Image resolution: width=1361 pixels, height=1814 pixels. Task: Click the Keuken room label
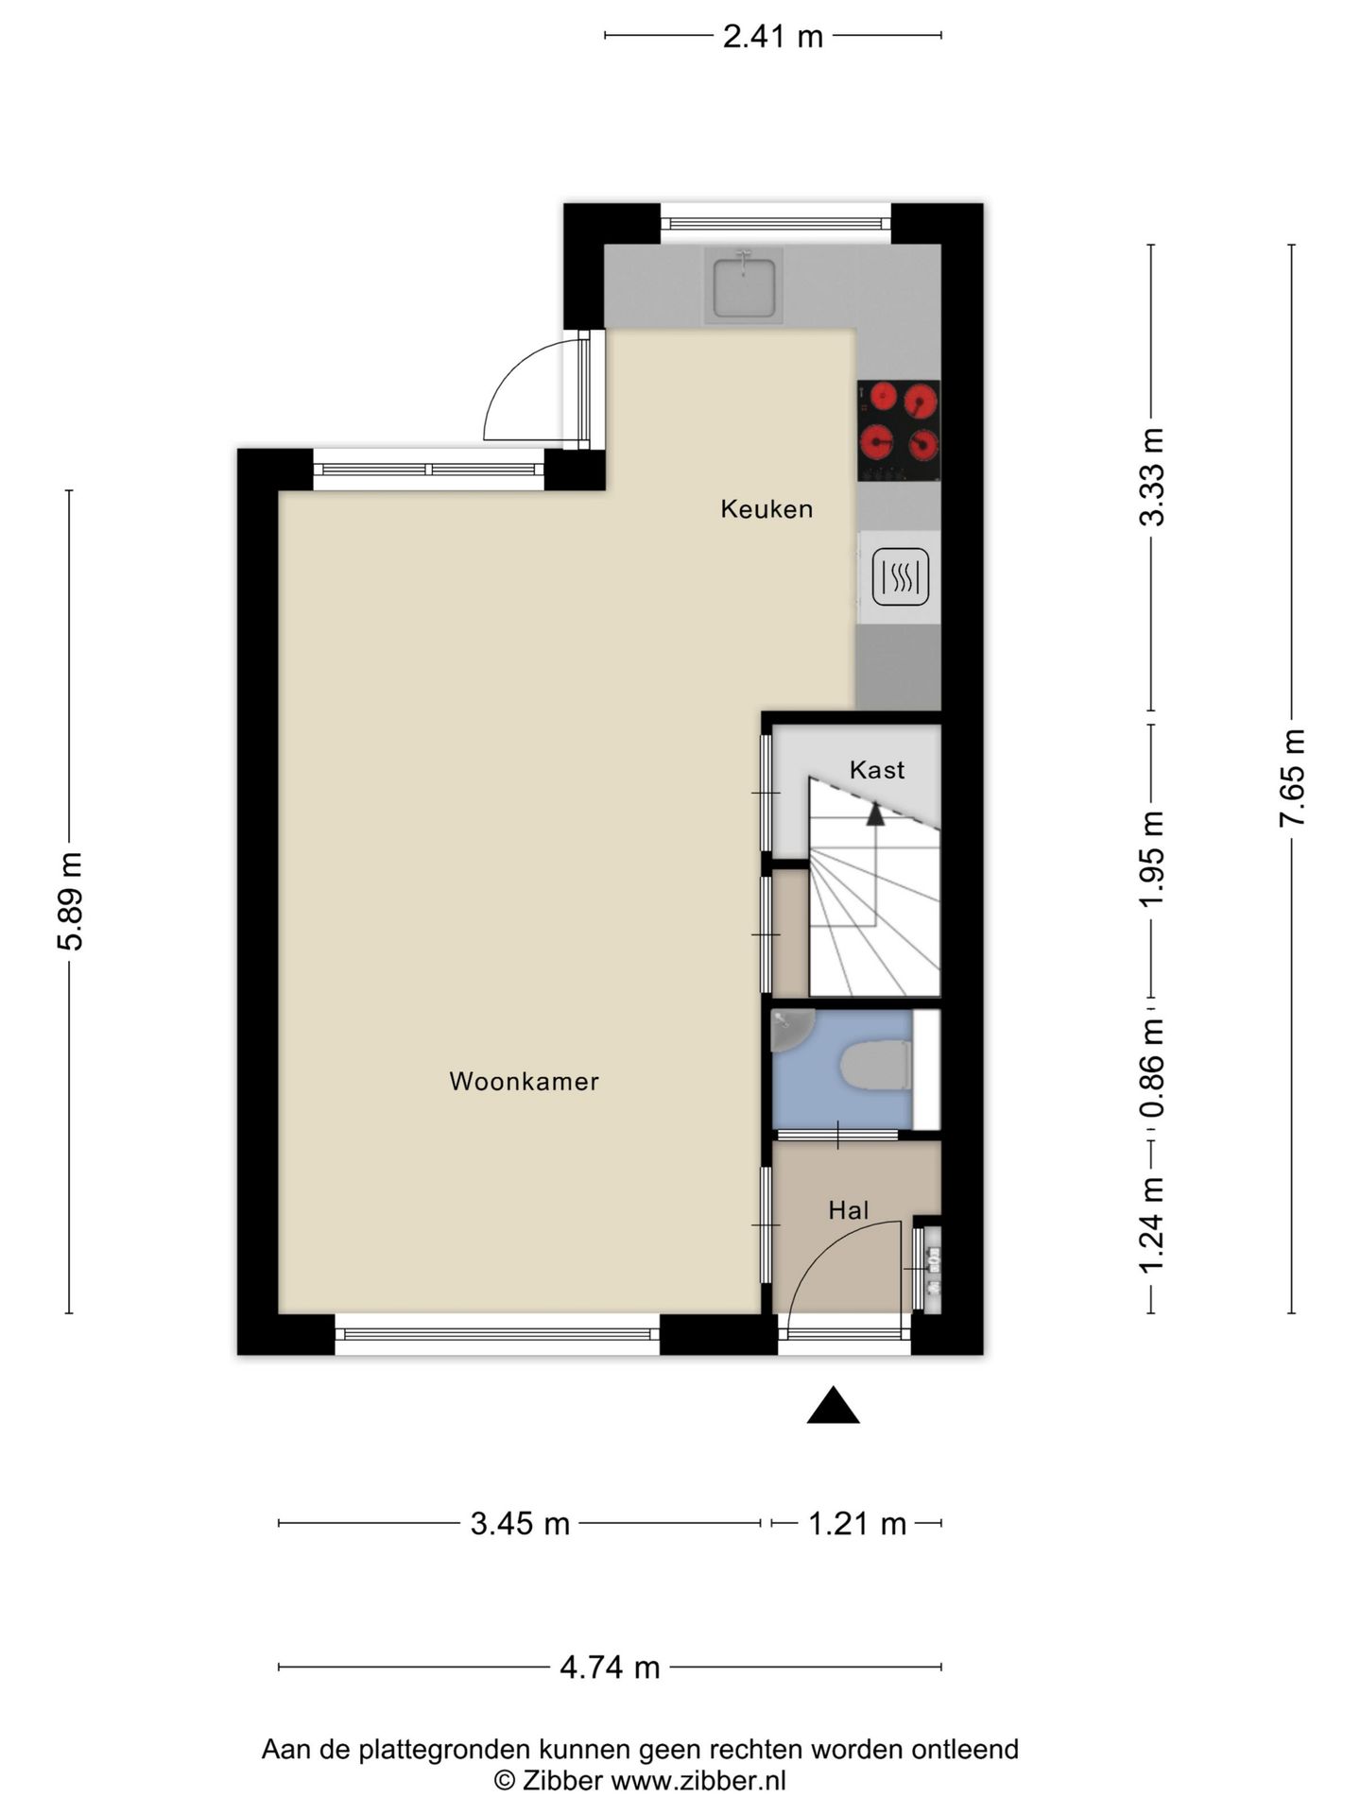tap(767, 509)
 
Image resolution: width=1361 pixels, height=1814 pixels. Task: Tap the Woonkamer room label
tap(524, 1081)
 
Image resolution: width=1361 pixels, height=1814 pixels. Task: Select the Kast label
tap(877, 770)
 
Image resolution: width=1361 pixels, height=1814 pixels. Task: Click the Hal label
tap(848, 1210)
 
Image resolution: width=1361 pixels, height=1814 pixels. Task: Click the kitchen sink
tap(744, 285)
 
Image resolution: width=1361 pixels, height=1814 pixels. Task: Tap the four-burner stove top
tap(899, 430)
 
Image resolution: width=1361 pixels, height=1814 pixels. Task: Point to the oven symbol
tap(900, 576)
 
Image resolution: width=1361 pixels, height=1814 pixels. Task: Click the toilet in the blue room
tap(876, 1066)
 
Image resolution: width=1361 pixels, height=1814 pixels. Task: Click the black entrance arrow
tap(833, 1405)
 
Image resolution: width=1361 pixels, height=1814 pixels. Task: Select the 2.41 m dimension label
tap(773, 37)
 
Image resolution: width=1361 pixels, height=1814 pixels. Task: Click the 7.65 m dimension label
tap(1292, 778)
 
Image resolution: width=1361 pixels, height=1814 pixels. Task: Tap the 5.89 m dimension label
tap(70, 901)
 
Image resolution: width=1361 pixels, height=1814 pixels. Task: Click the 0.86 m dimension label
tap(1151, 1069)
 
